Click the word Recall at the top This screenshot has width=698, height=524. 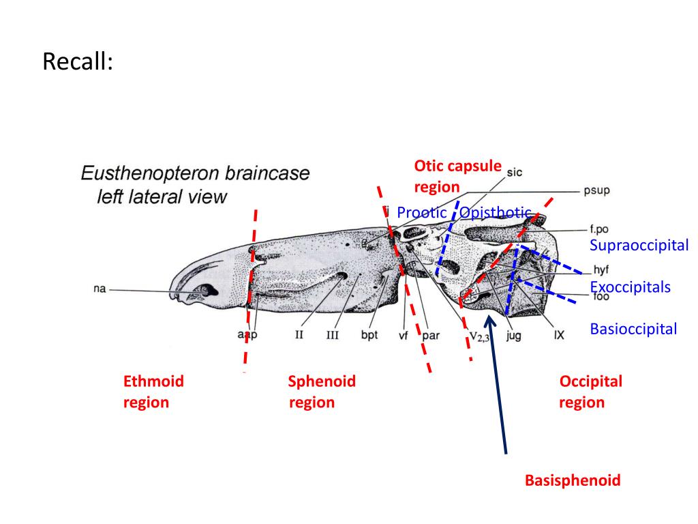click(77, 62)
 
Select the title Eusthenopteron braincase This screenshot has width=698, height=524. click(195, 173)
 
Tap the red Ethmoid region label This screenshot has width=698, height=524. click(153, 392)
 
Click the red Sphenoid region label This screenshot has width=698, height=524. click(322, 392)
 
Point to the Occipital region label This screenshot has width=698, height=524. click(590, 392)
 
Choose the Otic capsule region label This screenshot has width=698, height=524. click(457, 176)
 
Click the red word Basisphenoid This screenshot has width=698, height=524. click(573, 480)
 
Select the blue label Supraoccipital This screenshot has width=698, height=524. click(639, 246)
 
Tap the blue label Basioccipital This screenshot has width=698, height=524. click(633, 330)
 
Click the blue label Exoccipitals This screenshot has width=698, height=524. click(630, 287)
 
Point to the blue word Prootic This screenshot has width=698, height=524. click(421, 213)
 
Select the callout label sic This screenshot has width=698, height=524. click(515, 173)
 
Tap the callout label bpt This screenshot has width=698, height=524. click(369, 335)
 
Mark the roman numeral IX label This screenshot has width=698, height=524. click(559, 335)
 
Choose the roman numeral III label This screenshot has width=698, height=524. click(332, 335)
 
